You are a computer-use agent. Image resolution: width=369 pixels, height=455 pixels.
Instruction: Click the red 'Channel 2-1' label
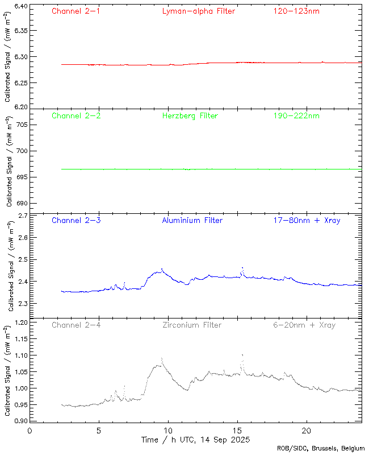coord(76,11)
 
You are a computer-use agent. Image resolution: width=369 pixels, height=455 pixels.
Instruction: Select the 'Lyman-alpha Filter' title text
coord(198,11)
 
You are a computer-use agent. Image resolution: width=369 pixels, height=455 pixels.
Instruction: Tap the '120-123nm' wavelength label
coord(296,11)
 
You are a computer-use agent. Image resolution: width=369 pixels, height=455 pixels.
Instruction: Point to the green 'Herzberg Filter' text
coord(190,115)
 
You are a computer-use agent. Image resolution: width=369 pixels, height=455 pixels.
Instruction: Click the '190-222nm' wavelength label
coord(296,115)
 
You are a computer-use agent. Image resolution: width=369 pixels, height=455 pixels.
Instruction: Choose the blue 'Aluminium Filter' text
coord(192,220)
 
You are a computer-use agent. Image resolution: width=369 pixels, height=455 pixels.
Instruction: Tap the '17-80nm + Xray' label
coord(307,220)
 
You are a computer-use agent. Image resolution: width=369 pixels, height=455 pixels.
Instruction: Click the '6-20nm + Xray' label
coord(304,325)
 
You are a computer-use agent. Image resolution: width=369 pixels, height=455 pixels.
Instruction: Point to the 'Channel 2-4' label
coord(76,325)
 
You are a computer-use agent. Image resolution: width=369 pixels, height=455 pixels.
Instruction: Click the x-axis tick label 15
coord(237,431)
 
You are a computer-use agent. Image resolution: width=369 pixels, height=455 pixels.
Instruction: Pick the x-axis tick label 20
coord(307,431)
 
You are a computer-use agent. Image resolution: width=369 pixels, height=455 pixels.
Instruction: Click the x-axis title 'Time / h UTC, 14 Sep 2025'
coord(195,440)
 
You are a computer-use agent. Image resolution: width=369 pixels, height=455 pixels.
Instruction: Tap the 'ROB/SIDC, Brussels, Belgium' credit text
coord(321,449)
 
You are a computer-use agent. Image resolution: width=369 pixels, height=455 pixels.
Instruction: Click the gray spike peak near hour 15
coord(242,355)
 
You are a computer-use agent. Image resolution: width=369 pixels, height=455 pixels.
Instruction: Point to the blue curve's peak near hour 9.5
coord(162,269)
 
